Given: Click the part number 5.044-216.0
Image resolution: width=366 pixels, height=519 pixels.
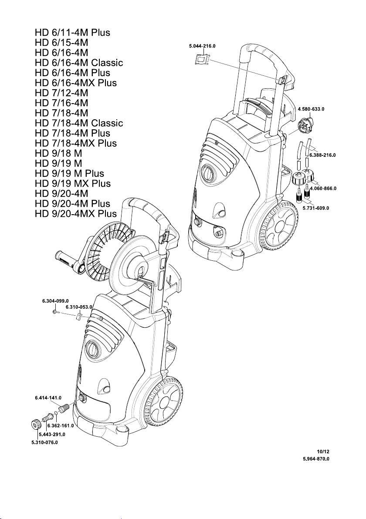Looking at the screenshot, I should pyautogui.click(x=202, y=45).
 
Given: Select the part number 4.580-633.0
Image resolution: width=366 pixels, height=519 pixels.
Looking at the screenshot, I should pyautogui.click(x=313, y=108).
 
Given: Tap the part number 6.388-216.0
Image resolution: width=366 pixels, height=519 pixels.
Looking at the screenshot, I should pyautogui.click(x=323, y=155).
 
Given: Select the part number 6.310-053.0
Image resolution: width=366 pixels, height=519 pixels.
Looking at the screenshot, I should pyautogui.click(x=79, y=307).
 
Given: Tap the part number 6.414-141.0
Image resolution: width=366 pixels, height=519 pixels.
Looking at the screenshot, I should pyautogui.click(x=48, y=398).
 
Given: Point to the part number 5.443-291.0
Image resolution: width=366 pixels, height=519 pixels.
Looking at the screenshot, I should pyautogui.click(x=52, y=434).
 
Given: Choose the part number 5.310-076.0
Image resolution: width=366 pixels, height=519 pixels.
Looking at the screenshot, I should pyautogui.click(x=44, y=442).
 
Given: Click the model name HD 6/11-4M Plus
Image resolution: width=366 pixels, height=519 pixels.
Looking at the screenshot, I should pyautogui.click(x=72, y=33).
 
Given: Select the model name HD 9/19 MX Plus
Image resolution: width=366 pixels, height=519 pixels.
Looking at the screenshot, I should pyautogui.click(x=72, y=184).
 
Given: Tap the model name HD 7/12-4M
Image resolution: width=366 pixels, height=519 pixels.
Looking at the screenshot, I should pyautogui.click(x=61, y=93).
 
